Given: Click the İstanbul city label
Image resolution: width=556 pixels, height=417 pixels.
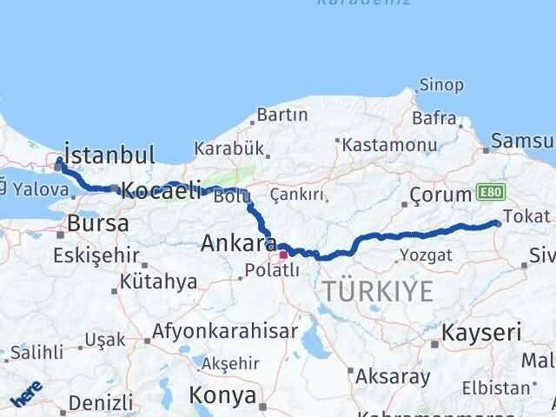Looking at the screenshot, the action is [x=110, y=156].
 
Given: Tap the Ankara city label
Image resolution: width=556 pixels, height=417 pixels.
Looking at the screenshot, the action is [x=238, y=243].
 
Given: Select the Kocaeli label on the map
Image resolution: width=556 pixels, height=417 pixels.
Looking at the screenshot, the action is [x=162, y=190].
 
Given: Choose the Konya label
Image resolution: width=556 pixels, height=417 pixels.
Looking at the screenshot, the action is [x=223, y=396].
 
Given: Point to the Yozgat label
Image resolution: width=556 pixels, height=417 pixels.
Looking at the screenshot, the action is [x=426, y=255].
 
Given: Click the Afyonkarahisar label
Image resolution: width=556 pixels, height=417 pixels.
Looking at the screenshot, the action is [x=225, y=331].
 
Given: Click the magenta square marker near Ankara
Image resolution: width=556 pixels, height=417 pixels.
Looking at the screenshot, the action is [x=283, y=255].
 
